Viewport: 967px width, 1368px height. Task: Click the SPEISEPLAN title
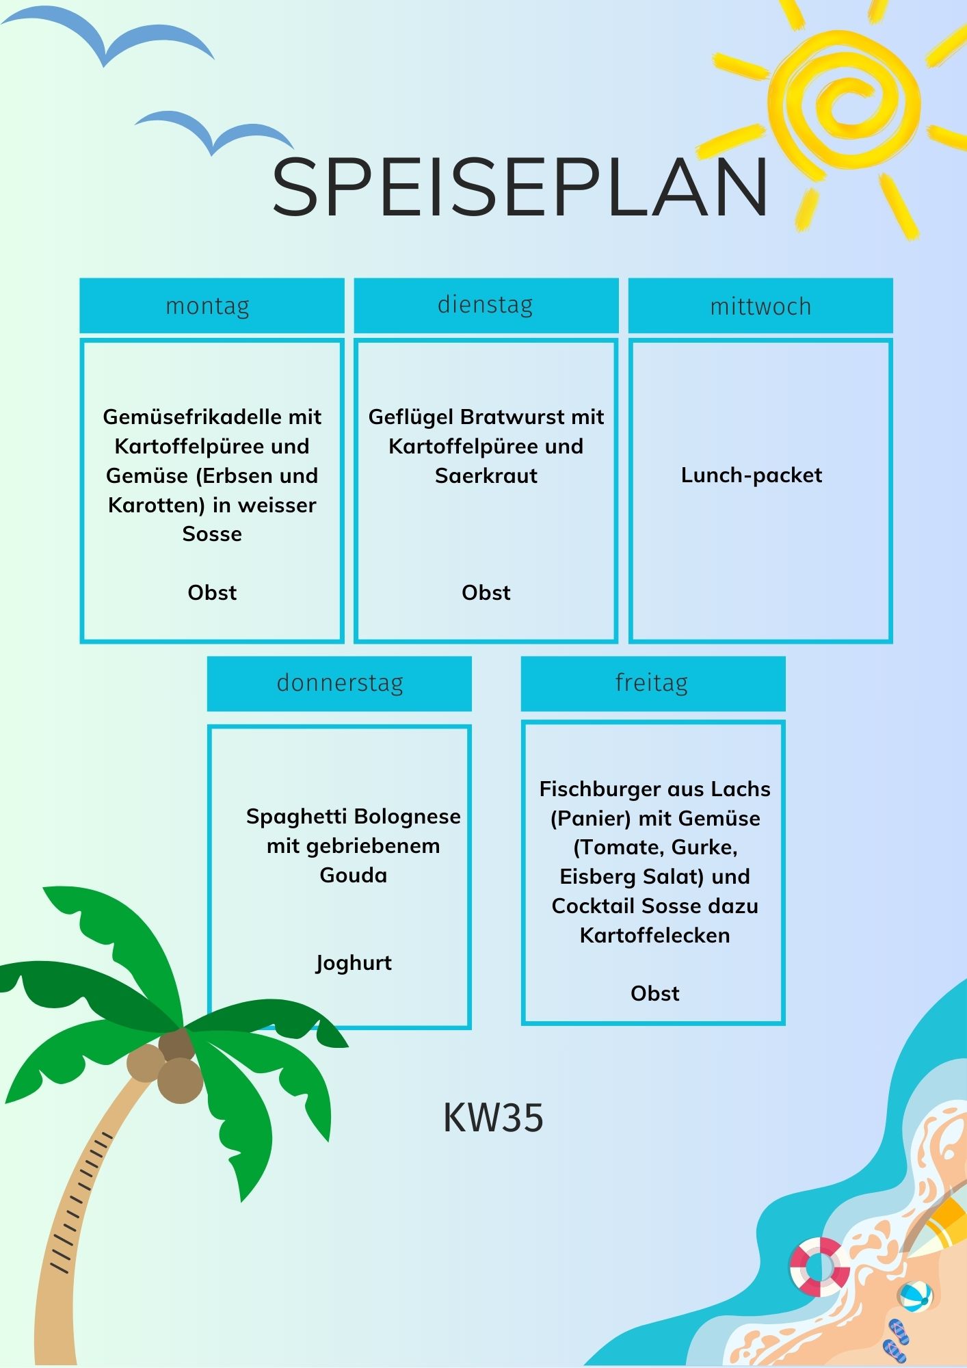pyautogui.click(x=520, y=187)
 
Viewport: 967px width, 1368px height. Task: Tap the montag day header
pyautogui.click(x=207, y=306)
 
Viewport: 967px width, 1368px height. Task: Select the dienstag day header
pyautogui.click(x=485, y=304)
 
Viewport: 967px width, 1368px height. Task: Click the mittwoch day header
pyautogui.click(x=760, y=306)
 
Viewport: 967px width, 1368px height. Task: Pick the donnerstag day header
pyautogui.click(x=340, y=683)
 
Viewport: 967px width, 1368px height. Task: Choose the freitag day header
pyautogui.click(x=652, y=683)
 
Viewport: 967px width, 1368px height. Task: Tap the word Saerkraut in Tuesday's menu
pyautogui.click(x=486, y=475)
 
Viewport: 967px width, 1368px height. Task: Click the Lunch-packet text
pyautogui.click(x=752, y=475)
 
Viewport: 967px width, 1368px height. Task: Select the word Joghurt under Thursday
pyautogui.click(x=354, y=963)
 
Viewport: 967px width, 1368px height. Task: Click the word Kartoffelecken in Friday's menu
pyautogui.click(x=655, y=935)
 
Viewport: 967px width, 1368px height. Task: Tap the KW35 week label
pyautogui.click(x=493, y=1118)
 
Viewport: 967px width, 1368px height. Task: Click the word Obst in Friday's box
pyautogui.click(x=655, y=993)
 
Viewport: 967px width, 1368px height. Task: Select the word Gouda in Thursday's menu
pyautogui.click(x=354, y=875)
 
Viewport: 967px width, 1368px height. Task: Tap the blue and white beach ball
pyautogui.click(x=915, y=1297)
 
